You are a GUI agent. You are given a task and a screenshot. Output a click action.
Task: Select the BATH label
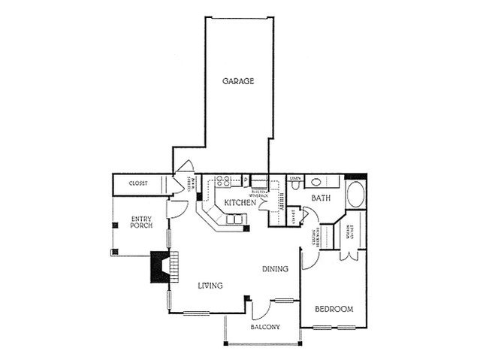322,198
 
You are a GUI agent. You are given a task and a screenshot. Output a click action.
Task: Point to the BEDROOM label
334,309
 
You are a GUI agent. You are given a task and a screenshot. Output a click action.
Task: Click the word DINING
276,268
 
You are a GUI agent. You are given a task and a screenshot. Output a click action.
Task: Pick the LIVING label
211,285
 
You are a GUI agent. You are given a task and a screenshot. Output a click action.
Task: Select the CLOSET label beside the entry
138,183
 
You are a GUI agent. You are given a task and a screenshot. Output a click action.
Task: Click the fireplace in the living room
159,268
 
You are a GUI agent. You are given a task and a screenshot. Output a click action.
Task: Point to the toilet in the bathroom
318,181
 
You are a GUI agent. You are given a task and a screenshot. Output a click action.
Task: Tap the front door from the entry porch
172,209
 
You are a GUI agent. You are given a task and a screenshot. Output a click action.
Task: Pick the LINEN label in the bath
295,177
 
